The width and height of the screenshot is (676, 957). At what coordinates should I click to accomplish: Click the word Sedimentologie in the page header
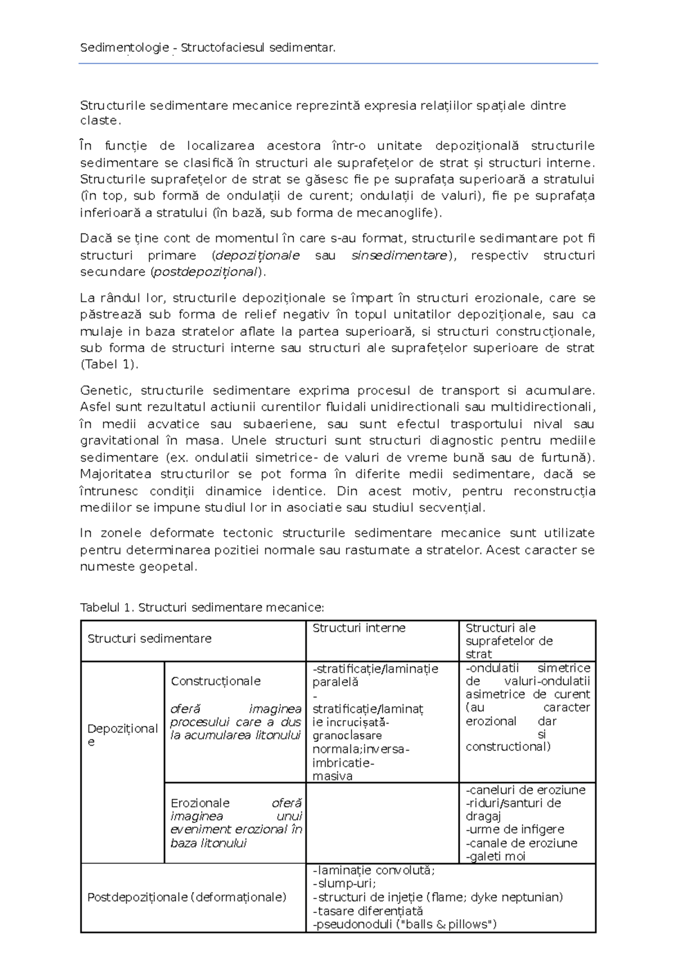point(124,48)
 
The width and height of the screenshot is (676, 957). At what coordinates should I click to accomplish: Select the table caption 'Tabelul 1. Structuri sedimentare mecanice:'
point(202,608)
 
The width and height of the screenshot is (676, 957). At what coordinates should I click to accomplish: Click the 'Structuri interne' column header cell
point(359,628)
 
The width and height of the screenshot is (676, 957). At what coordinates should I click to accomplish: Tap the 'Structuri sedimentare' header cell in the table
point(149,639)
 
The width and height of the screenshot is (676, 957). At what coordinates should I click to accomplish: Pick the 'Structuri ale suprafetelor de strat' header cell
point(509,641)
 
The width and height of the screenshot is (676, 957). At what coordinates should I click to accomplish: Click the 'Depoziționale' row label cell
point(122,735)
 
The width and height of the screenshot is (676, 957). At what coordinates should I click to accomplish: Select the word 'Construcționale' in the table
point(215,681)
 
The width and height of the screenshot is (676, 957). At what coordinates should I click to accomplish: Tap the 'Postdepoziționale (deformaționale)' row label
point(186,897)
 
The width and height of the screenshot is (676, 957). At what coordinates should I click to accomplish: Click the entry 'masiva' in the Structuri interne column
point(332,777)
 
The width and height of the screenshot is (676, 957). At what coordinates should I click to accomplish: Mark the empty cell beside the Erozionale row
point(382,823)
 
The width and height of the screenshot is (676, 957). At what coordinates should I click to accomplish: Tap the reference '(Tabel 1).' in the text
point(109,365)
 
